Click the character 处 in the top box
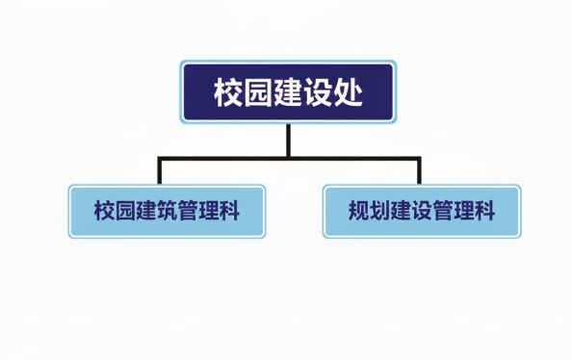(x=348, y=91)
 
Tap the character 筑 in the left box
(x=168, y=211)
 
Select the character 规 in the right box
(x=359, y=211)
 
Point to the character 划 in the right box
(x=379, y=211)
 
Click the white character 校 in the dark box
(x=228, y=91)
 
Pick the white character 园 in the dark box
(x=258, y=91)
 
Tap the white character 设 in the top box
(x=318, y=91)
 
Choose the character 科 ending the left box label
(x=230, y=211)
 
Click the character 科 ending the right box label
(x=484, y=211)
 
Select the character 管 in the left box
(x=188, y=211)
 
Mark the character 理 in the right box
(x=463, y=211)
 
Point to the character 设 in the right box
(x=422, y=211)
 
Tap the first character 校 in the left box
(x=105, y=211)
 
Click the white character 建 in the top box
(x=288, y=91)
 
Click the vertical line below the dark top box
(x=288, y=141)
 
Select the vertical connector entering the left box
(x=160, y=170)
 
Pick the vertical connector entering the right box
(x=419, y=170)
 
